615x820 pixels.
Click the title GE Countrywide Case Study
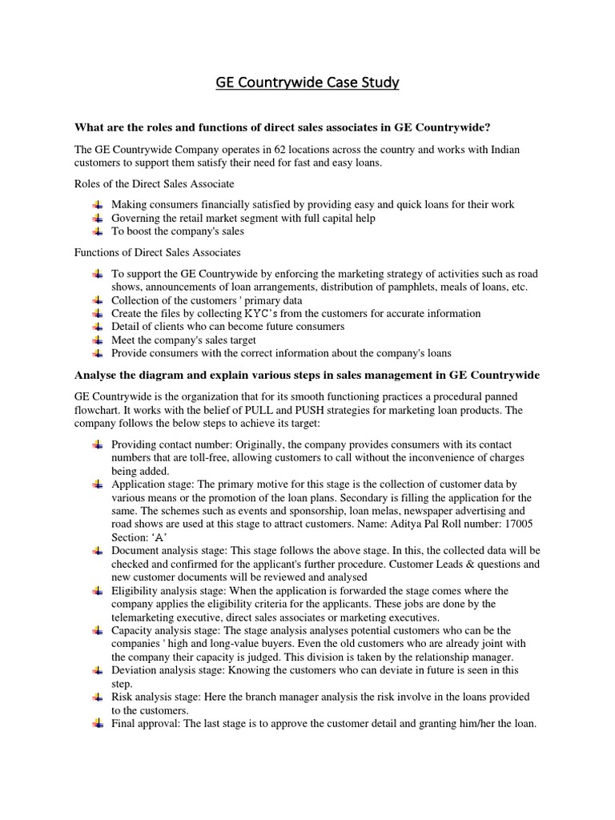[x=307, y=82]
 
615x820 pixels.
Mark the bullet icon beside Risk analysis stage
[x=98, y=697]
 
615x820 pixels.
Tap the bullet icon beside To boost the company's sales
[x=98, y=231]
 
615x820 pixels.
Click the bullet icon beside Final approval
[x=98, y=723]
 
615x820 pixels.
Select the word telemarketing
[x=148, y=617]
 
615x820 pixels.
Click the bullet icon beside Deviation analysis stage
[x=98, y=670]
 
